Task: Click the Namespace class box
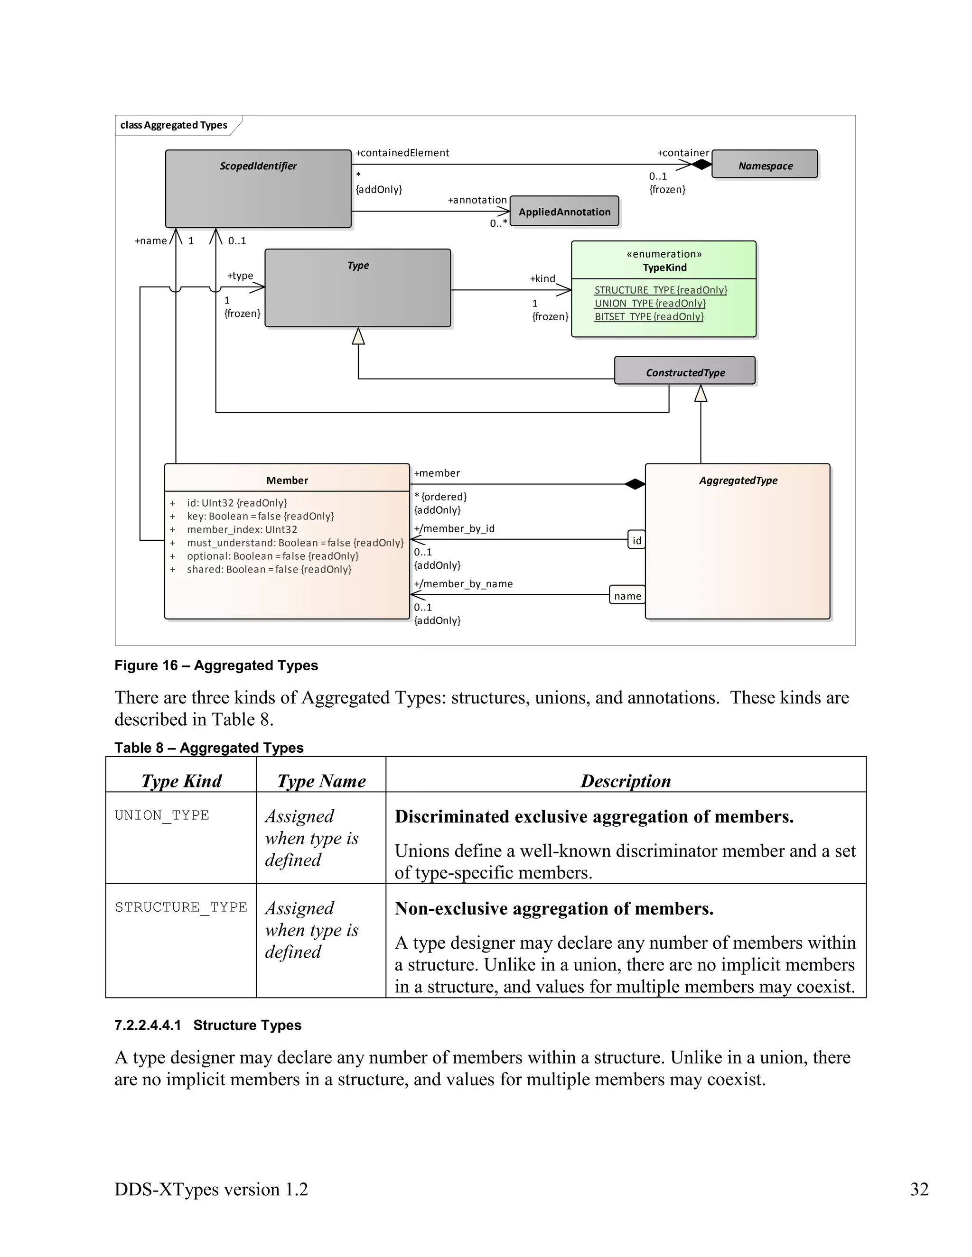(765, 165)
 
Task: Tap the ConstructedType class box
(685, 371)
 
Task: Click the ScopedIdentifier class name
(258, 166)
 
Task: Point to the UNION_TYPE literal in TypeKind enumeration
(650, 303)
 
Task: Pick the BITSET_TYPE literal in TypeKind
(648, 316)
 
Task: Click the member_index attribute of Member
(242, 529)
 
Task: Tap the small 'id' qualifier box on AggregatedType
(636, 540)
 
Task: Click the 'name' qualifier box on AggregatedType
(627, 596)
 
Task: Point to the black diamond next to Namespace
(701, 165)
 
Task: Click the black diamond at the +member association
(635, 484)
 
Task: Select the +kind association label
(542, 278)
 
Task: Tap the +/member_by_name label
(463, 583)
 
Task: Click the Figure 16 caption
(216, 665)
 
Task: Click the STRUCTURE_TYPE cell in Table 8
(181, 907)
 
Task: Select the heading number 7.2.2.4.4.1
(148, 1025)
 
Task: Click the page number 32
(919, 1189)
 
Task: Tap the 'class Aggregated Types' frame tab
(173, 125)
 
